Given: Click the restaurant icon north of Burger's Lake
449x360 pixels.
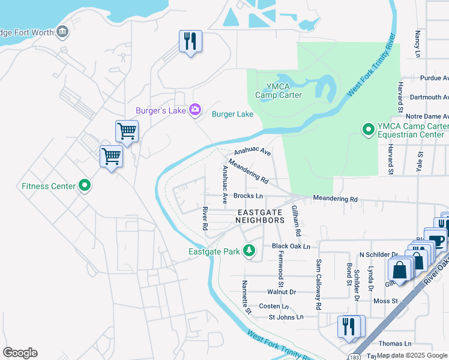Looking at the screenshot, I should pyautogui.click(x=190, y=41).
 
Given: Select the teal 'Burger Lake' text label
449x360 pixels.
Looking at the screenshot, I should pyautogui.click(x=232, y=114).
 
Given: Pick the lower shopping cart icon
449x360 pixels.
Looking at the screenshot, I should pyautogui.click(x=112, y=157).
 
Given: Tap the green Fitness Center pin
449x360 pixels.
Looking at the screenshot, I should pyautogui.click(x=85, y=186).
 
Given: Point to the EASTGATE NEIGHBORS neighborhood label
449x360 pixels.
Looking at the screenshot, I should pyautogui.click(x=260, y=217).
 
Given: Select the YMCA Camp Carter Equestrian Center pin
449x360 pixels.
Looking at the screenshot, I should pyautogui.click(x=367, y=129).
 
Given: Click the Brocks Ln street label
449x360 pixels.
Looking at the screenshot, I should pyautogui.click(x=249, y=196).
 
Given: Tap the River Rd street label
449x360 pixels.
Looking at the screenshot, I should pyautogui.click(x=205, y=218).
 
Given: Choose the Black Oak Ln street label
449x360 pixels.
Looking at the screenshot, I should pyautogui.click(x=291, y=246).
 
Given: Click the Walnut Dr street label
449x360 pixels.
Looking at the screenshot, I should pyautogui.click(x=282, y=292).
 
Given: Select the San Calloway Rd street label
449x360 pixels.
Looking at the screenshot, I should pyautogui.click(x=319, y=277).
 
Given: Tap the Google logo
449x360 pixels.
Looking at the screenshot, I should pyautogui.click(x=20, y=353).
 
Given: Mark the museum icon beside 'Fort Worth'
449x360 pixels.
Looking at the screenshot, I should pyautogui.click(x=62, y=31).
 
